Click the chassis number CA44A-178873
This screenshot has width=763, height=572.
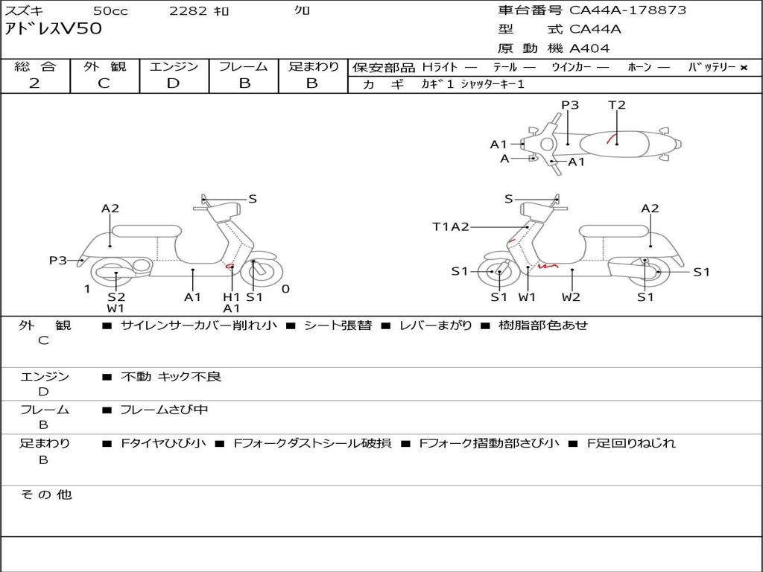(x=627, y=10)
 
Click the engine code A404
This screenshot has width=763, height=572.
(x=589, y=48)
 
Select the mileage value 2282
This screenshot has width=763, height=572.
(x=189, y=10)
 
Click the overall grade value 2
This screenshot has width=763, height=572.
(x=34, y=83)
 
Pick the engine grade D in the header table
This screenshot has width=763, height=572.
(x=173, y=83)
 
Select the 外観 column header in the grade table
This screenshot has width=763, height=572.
(x=104, y=66)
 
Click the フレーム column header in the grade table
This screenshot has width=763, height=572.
(x=244, y=66)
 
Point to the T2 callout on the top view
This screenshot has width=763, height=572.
(x=617, y=105)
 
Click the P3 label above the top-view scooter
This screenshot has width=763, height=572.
(x=570, y=105)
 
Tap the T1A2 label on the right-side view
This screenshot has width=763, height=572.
(x=451, y=226)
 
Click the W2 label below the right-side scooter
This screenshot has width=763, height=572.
(x=572, y=297)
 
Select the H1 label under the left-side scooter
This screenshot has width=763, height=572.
(x=232, y=297)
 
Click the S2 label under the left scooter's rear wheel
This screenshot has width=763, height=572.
(x=116, y=297)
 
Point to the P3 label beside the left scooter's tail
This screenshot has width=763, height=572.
(x=58, y=260)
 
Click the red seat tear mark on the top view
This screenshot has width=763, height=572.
(x=610, y=138)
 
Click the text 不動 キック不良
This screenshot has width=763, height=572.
(x=171, y=377)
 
